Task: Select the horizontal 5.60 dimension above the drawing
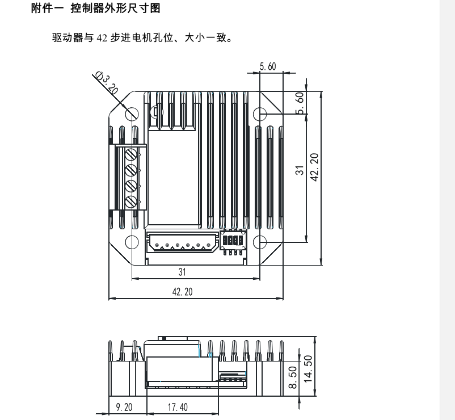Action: (268, 67)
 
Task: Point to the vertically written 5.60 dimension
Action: (300, 103)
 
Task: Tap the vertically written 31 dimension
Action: (300, 169)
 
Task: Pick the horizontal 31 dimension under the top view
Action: (182, 272)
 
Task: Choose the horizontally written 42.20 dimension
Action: (182, 291)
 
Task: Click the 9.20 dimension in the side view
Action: (124, 408)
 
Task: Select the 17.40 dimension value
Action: (178, 408)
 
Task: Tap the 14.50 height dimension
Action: (308, 369)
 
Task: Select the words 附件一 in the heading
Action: (49, 9)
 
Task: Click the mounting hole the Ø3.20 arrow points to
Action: (132, 114)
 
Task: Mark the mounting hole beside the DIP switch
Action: (259, 241)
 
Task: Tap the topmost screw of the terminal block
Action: (132, 154)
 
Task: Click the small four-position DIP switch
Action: (233, 241)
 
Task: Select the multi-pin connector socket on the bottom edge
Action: (182, 243)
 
